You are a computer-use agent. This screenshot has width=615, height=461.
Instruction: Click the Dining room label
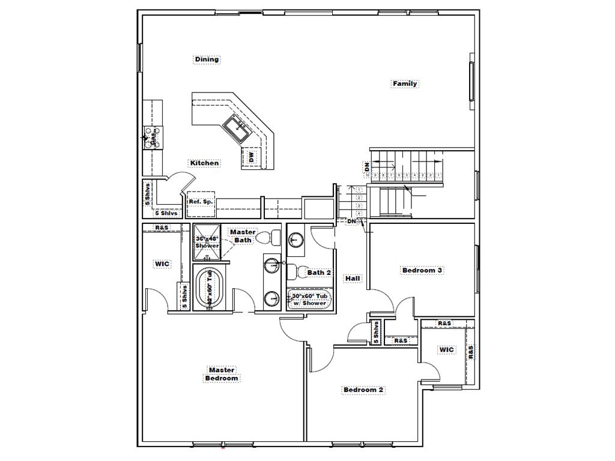[x=207, y=59]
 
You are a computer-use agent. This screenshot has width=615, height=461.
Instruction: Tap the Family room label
[x=405, y=83]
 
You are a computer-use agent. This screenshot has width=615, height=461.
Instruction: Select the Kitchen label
[x=204, y=163]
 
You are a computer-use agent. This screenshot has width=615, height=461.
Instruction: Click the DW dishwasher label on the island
[x=251, y=158]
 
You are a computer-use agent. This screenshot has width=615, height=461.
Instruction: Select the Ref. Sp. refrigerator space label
[x=200, y=202]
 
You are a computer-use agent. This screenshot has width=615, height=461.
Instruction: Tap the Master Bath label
[x=243, y=236]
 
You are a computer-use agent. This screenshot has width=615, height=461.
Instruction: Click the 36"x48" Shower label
[x=207, y=242]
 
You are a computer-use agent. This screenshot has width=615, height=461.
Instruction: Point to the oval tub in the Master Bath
[x=209, y=288]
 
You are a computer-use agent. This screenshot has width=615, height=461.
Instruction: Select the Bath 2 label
[x=319, y=273]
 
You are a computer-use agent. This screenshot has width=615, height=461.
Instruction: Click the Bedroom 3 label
[x=422, y=270]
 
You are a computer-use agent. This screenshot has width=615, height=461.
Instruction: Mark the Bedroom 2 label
[x=363, y=390]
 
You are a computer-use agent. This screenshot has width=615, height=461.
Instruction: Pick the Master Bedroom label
[x=222, y=374]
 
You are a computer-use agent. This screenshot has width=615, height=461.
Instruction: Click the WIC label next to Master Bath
[x=163, y=263]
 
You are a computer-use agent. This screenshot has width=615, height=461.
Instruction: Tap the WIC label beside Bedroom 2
[x=446, y=349]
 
